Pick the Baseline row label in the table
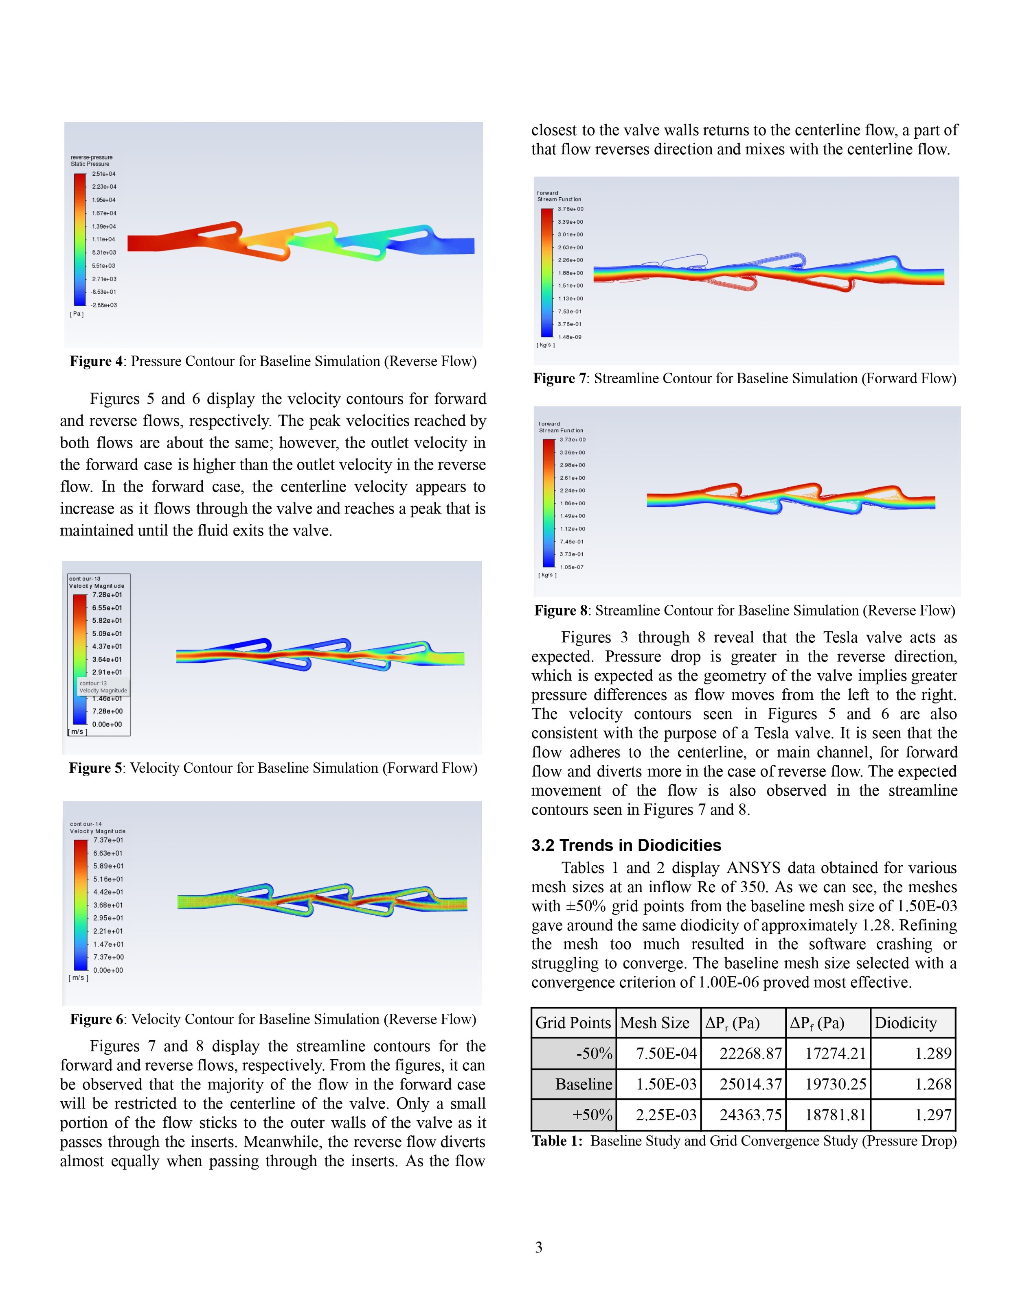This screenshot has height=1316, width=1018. click(x=583, y=1084)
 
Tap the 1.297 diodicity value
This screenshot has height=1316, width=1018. click(x=933, y=1115)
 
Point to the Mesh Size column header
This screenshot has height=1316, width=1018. click(x=654, y=1023)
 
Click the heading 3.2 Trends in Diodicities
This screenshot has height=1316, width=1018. click(x=626, y=845)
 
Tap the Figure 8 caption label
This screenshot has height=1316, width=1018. click(x=560, y=610)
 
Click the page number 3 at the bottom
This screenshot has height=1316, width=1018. click(x=539, y=1247)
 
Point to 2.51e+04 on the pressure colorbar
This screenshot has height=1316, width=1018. click(x=104, y=174)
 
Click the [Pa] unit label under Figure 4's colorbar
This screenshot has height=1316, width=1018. click(x=77, y=314)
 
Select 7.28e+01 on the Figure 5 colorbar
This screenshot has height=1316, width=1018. click(x=107, y=595)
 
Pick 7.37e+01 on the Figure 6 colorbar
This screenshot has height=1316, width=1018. click(x=108, y=840)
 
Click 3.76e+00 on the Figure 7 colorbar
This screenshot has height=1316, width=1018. click(x=570, y=209)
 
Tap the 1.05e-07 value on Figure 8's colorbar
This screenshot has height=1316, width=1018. click(x=572, y=567)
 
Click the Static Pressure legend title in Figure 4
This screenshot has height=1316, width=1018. click(x=90, y=164)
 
